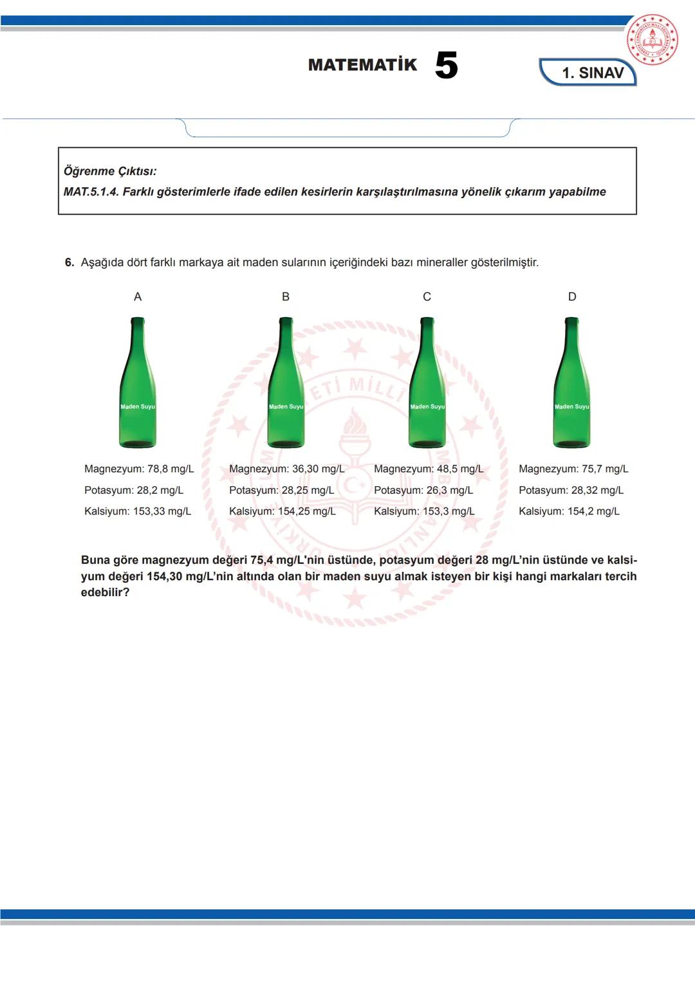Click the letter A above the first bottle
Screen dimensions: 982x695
tap(138, 296)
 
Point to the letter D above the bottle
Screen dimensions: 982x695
tap(572, 296)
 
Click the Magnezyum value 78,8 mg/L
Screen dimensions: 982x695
tap(170, 469)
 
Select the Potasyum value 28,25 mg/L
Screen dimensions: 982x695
tap(308, 490)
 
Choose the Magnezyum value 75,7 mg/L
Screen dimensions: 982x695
tap(605, 469)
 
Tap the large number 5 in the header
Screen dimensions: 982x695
tap(446, 66)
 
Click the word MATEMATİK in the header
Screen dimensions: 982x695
tap(362, 65)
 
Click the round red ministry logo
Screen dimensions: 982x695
tap(653, 40)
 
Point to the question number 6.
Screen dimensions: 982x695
tap(69, 262)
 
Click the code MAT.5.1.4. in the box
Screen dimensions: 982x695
tap(91, 192)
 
